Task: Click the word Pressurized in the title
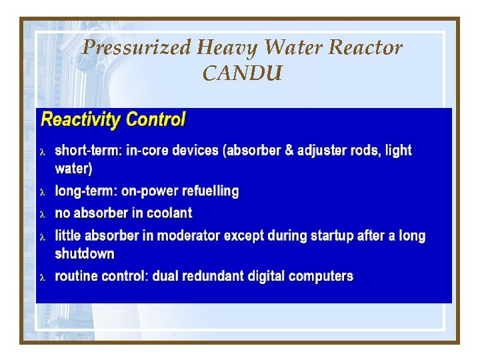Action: [137, 48]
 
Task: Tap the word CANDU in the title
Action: [242, 73]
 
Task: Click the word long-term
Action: [85, 191]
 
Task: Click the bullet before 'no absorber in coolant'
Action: [43, 214]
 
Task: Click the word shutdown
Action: [85, 254]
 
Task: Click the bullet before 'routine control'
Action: [43, 277]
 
